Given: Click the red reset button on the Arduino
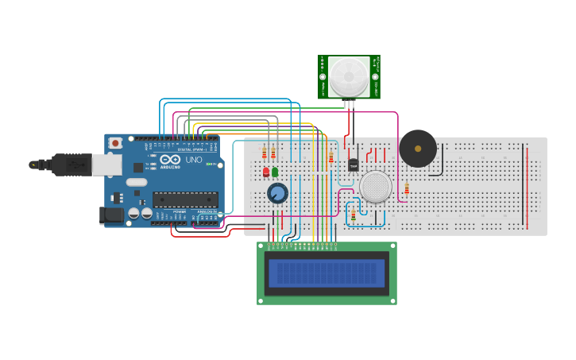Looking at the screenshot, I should pyautogui.click(x=116, y=143).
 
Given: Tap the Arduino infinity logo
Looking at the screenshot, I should pyautogui.click(x=166, y=160).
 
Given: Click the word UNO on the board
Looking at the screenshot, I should pyautogui.click(x=193, y=160).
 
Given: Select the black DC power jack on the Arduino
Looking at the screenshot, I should pyautogui.click(x=111, y=215).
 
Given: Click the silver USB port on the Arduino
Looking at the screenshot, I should pyautogui.click(x=106, y=164).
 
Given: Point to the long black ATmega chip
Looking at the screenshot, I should pyautogui.click(x=185, y=199).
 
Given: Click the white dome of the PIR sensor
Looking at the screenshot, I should pyautogui.click(x=350, y=76).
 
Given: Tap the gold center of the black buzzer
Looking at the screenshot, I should pyautogui.click(x=418, y=148).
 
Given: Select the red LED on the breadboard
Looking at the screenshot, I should pyautogui.click(x=266, y=172).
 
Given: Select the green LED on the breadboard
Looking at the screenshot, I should pyautogui.click(x=275, y=171).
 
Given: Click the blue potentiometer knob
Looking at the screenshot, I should pyautogui.click(x=277, y=193).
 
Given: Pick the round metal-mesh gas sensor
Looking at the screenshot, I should pyautogui.click(x=375, y=188).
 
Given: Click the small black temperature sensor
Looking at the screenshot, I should pyautogui.click(x=354, y=165).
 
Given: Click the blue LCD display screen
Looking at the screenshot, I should pyautogui.click(x=327, y=273).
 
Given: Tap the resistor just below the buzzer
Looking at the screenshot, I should pyautogui.click(x=407, y=188).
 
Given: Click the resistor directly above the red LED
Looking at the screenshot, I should pyautogui.click(x=265, y=153).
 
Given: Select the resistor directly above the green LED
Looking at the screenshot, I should pyautogui.click(x=273, y=153).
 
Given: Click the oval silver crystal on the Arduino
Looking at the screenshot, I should pyautogui.click(x=137, y=182).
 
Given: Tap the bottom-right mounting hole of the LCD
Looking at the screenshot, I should pyautogui.click(x=392, y=300).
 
